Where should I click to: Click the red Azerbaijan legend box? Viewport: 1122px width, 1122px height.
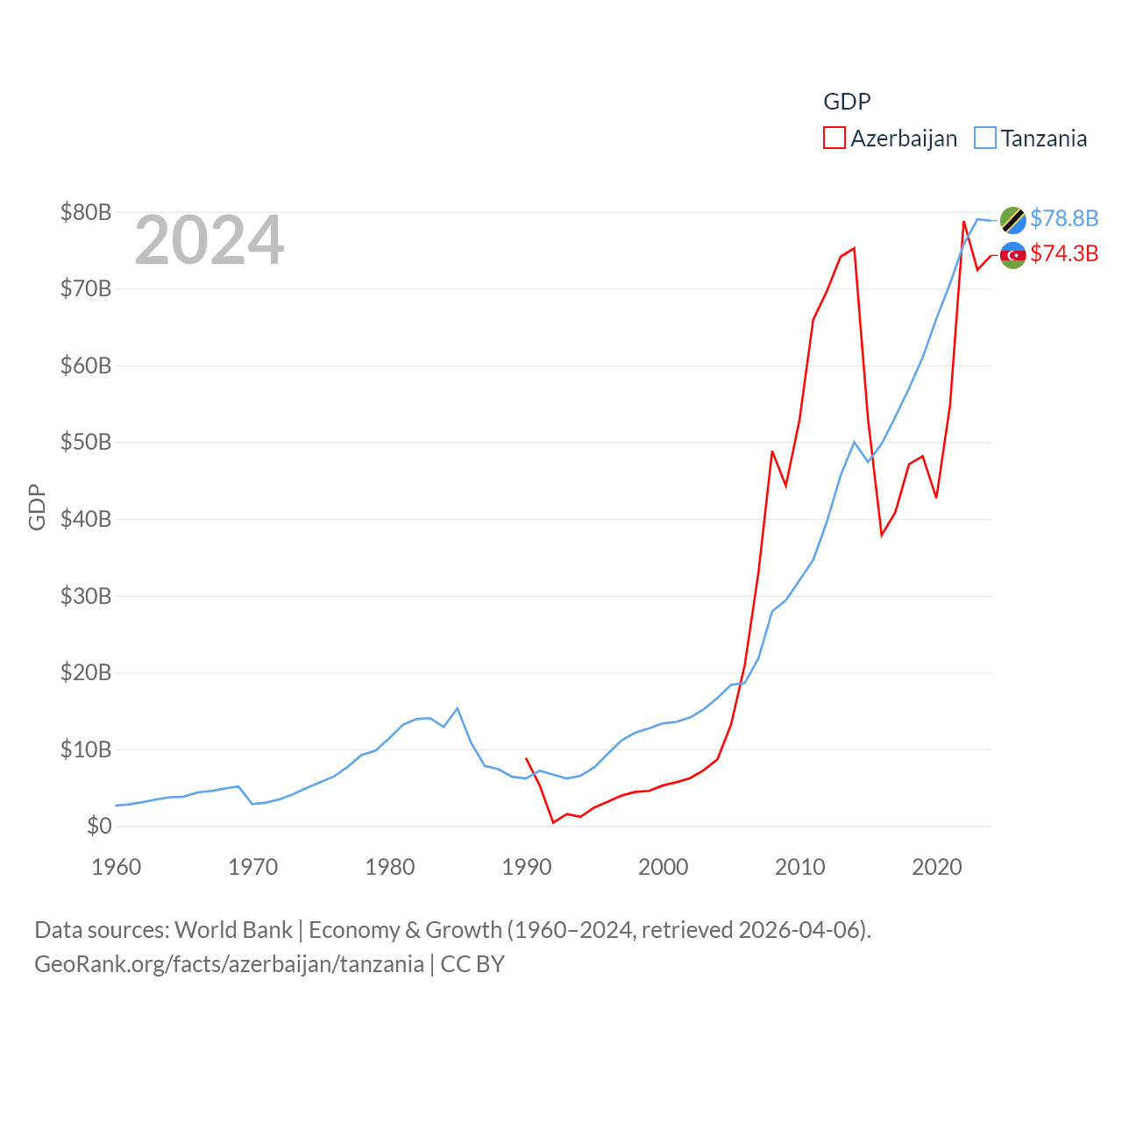(834, 138)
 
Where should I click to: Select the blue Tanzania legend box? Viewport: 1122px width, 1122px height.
(985, 138)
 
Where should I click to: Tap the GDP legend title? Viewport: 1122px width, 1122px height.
(847, 102)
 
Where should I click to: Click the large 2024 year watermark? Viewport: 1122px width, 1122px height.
(209, 240)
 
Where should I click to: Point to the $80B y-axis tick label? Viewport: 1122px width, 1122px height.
(86, 212)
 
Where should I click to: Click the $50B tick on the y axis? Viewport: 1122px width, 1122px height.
(86, 442)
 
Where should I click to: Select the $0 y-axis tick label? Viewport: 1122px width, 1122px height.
(99, 826)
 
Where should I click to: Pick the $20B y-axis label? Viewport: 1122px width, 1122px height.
(86, 672)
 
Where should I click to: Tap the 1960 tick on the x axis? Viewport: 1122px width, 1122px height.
(117, 868)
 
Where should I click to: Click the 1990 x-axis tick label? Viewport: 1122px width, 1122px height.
(527, 868)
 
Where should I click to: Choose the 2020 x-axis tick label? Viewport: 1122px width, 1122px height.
(937, 868)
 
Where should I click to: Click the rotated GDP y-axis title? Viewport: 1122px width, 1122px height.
(37, 507)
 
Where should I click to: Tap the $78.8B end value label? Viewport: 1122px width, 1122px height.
(1064, 218)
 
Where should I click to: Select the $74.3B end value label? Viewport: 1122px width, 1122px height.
(1064, 253)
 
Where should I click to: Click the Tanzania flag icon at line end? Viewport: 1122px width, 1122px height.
(1013, 220)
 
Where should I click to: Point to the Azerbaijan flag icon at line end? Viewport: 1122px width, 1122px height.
(1013, 255)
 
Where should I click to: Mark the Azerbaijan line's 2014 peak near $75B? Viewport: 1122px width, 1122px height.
(854, 248)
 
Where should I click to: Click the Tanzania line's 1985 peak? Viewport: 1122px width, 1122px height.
(458, 708)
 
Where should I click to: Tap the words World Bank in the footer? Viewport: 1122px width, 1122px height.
(233, 929)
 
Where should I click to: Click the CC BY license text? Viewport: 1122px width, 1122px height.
(472, 964)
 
